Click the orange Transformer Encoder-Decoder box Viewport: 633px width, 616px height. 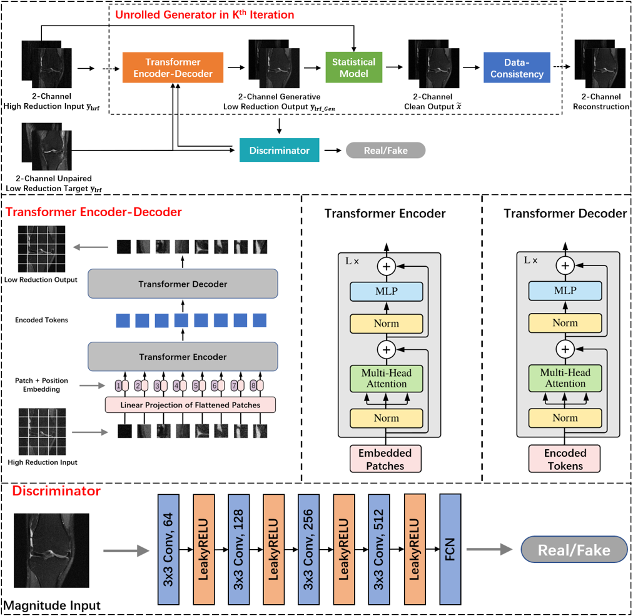[173, 68]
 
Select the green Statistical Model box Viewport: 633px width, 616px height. [353, 68]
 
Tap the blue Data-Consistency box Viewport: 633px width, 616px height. [517, 68]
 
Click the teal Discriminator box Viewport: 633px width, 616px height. [279, 150]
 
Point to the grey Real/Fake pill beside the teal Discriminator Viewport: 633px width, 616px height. [385, 150]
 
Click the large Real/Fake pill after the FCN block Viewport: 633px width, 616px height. [574, 550]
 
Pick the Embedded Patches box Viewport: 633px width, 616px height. [385, 459]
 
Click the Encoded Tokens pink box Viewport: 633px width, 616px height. [565, 459]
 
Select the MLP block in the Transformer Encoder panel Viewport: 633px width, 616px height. [386, 291]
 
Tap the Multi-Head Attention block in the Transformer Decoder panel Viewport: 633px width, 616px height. [565, 378]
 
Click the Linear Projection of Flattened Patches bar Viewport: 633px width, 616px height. [190, 405]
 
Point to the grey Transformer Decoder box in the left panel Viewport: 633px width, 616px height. [183, 284]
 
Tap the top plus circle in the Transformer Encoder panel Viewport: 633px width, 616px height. [386, 266]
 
